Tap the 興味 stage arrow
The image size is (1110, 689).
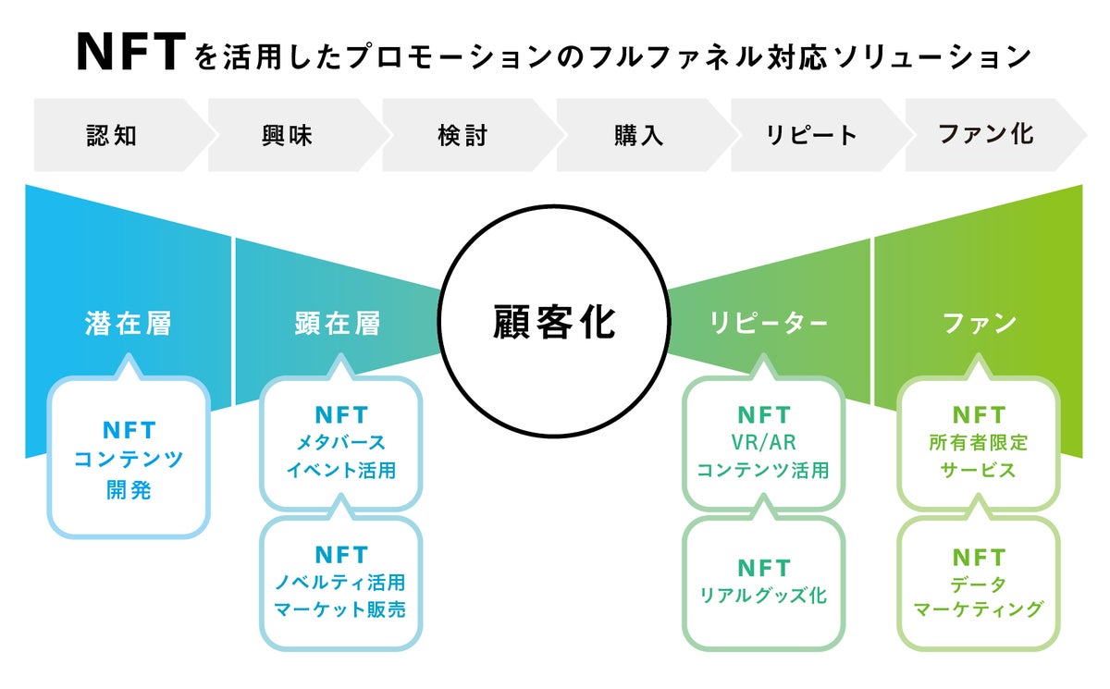[x=288, y=135]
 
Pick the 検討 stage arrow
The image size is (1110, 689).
[x=462, y=135]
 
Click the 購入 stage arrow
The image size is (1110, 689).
[x=638, y=135]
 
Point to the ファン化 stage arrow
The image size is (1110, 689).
[x=986, y=135]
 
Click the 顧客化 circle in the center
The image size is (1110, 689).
[x=552, y=323]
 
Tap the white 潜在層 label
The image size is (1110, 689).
[x=128, y=324]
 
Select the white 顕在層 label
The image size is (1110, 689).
[x=337, y=324]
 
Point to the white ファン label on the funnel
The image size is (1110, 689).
[x=979, y=324]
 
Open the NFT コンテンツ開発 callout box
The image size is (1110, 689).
[x=129, y=459]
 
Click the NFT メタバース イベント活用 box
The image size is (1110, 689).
[x=340, y=443]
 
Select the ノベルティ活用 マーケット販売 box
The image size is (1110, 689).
[x=340, y=583]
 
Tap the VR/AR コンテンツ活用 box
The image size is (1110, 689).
[x=763, y=443]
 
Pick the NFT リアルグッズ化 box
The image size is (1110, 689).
[x=763, y=583]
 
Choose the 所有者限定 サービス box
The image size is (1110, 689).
[x=979, y=443]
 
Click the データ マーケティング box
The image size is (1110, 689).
[x=979, y=583]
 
